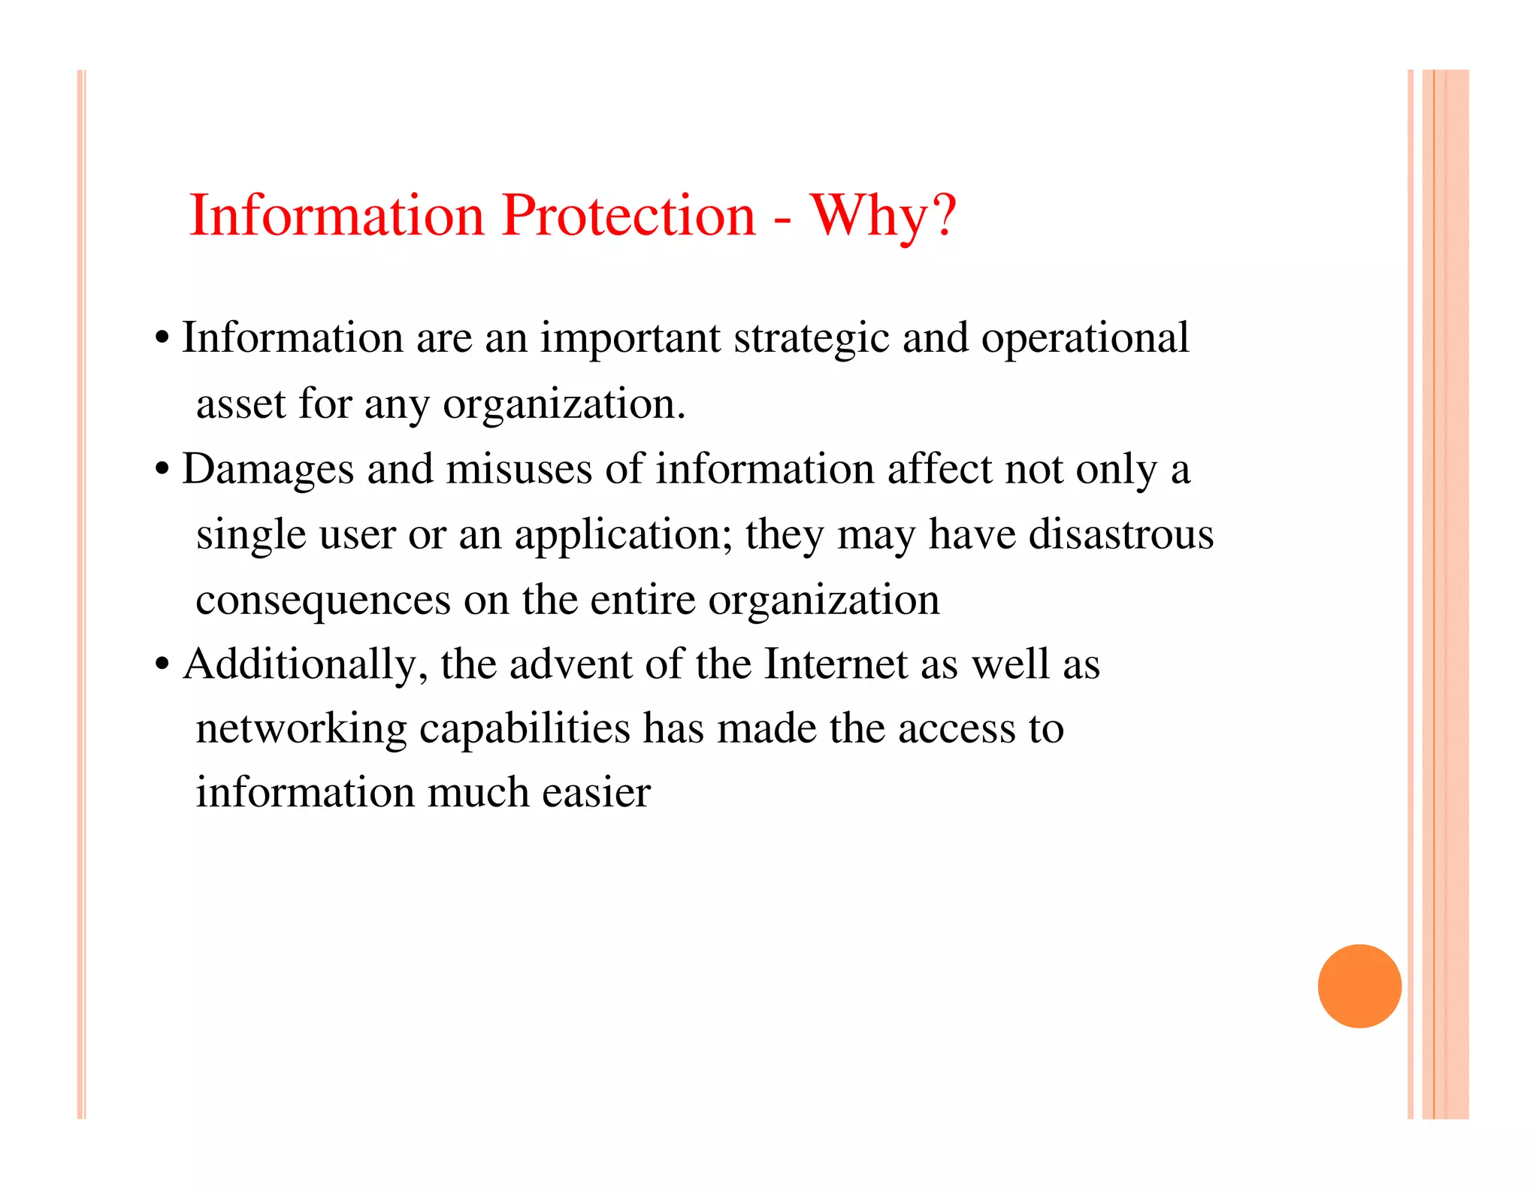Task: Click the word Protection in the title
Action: tap(628, 216)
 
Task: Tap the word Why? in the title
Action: tap(883, 216)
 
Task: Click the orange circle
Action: tap(1359, 985)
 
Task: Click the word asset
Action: tap(240, 404)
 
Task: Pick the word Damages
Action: tap(268, 470)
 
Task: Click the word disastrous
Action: tap(1120, 535)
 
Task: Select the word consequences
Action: tap(323, 601)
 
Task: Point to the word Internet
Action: tap(836, 665)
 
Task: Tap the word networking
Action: tap(301, 730)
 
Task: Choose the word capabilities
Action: tap(525, 730)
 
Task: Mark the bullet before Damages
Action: tap(162, 470)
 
